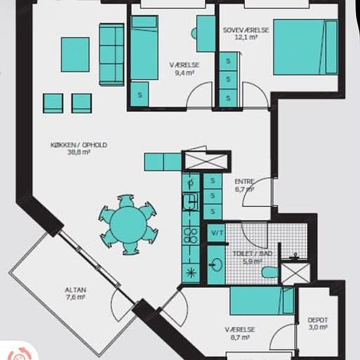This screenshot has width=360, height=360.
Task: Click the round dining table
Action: pyautogui.click(x=128, y=225)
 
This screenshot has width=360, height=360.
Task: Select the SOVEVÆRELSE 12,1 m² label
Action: pyautogui.click(x=246, y=33)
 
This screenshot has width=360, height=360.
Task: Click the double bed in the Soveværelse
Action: pyautogui.click(x=306, y=47)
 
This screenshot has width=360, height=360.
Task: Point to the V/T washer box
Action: pyautogui.click(x=217, y=233)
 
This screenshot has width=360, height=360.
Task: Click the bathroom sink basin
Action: pyautogui.click(x=216, y=264)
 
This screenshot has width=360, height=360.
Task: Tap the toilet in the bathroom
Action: pyautogui.click(x=270, y=272)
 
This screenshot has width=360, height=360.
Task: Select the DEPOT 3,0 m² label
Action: pyautogui.click(x=317, y=323)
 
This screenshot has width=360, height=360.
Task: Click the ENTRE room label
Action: pyautogui.click(x=245, y=181)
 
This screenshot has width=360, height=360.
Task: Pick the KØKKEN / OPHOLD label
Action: pyautogui.click(x=79, y=145)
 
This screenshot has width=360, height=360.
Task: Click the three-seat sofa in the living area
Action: pyautogui.click(x=112, y=54)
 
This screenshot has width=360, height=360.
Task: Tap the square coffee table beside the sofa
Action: pyautogui.click(x=75, y=54)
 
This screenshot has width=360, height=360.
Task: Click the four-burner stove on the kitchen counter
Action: pyautogui.click(x=191, y=236)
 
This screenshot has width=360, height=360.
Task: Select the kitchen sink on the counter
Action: pyautogui.click(x=190, y=202)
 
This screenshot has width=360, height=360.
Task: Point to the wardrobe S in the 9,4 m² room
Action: pyautogui.click(x=139, y=94)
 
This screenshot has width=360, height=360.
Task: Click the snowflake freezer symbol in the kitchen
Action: pyautogui.click(x=190, y=273)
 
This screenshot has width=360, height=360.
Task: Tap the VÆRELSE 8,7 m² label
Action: pyautogui.click(x=240, y=333)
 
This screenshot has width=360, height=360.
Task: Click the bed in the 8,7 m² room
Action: pyautogui.click(x=262, y=301)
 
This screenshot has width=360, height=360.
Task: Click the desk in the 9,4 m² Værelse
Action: pyautogui.click(x=206, y=33)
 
